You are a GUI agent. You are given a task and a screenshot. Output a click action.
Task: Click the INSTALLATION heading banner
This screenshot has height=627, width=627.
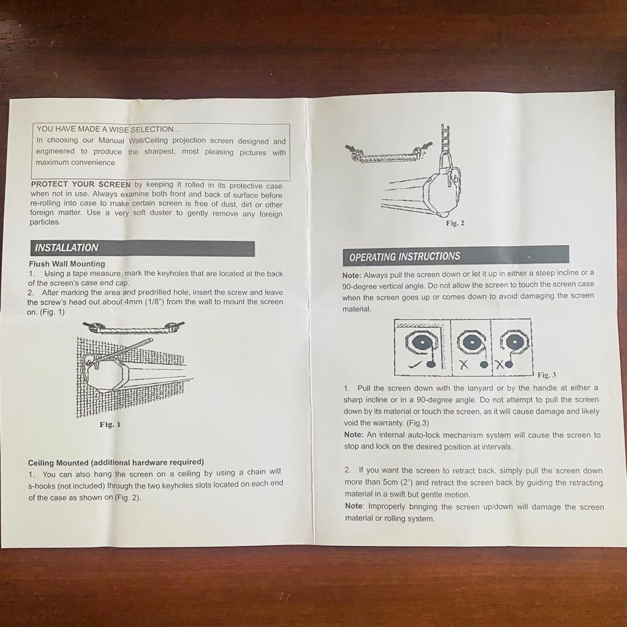[142, 248]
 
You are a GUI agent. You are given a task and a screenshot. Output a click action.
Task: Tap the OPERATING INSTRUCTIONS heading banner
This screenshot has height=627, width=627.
[456, 255]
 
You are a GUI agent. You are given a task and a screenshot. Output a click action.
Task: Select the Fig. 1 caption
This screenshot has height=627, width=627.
[110, 424]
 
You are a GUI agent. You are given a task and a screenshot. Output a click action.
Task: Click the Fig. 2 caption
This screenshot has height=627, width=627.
[455, 223]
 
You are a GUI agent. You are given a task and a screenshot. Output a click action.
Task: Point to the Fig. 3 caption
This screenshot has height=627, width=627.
[547, 375]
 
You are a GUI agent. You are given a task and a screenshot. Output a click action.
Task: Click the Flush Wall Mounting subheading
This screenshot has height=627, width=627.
[67, 264]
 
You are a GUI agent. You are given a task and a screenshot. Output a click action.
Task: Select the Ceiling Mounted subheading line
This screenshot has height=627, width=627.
[116, 463]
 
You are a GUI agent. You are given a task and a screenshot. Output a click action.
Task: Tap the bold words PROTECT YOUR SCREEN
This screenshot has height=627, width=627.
[81, 185]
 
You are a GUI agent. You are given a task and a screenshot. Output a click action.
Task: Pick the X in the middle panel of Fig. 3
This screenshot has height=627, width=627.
[463, 364]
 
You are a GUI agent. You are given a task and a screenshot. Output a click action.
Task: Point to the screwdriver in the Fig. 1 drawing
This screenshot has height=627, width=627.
[122, 351]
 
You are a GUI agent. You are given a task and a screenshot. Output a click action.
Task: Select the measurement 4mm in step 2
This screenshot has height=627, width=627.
[133, 302]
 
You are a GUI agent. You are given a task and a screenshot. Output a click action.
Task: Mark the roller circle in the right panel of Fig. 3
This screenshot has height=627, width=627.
[514, 343]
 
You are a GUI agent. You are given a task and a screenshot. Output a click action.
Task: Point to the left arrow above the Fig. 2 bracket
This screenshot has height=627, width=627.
[351, 148]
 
